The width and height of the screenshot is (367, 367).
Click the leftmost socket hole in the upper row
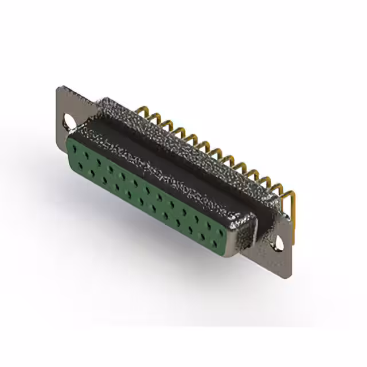[x=75, y=148]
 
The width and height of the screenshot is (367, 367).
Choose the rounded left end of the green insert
[x=71, y=152]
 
